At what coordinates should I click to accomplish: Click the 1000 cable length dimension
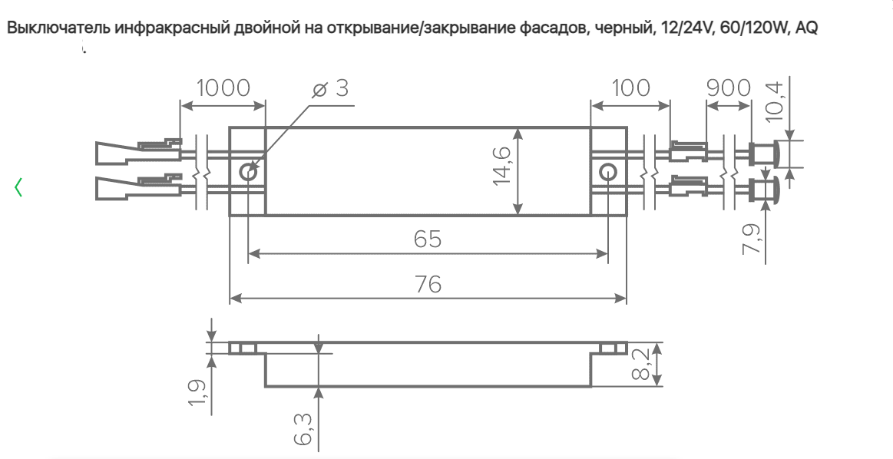(x=223, y=88)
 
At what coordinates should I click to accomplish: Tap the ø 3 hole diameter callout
(x=331, y=88)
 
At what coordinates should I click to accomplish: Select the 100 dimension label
(x=630, y=88)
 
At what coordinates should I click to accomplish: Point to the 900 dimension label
(x=729, y=88)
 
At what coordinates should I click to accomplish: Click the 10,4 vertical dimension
(x=776, y=101)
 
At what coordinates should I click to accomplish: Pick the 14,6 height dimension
(x=502, y=165)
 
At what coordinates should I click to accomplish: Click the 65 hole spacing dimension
(x=428, y=239)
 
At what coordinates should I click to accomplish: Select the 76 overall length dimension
(x=428, y=284)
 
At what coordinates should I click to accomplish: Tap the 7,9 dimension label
(x=752, y=239)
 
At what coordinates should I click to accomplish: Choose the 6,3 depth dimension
(x=303, y=429)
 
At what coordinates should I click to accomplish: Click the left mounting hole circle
(x=248, y=171)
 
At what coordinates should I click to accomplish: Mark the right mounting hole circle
(x=608, y=171)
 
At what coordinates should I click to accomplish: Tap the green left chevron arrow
(x=18, y=187)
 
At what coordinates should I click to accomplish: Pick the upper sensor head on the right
(x=763, y=154)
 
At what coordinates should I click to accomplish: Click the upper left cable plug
(x=138, y=150)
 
